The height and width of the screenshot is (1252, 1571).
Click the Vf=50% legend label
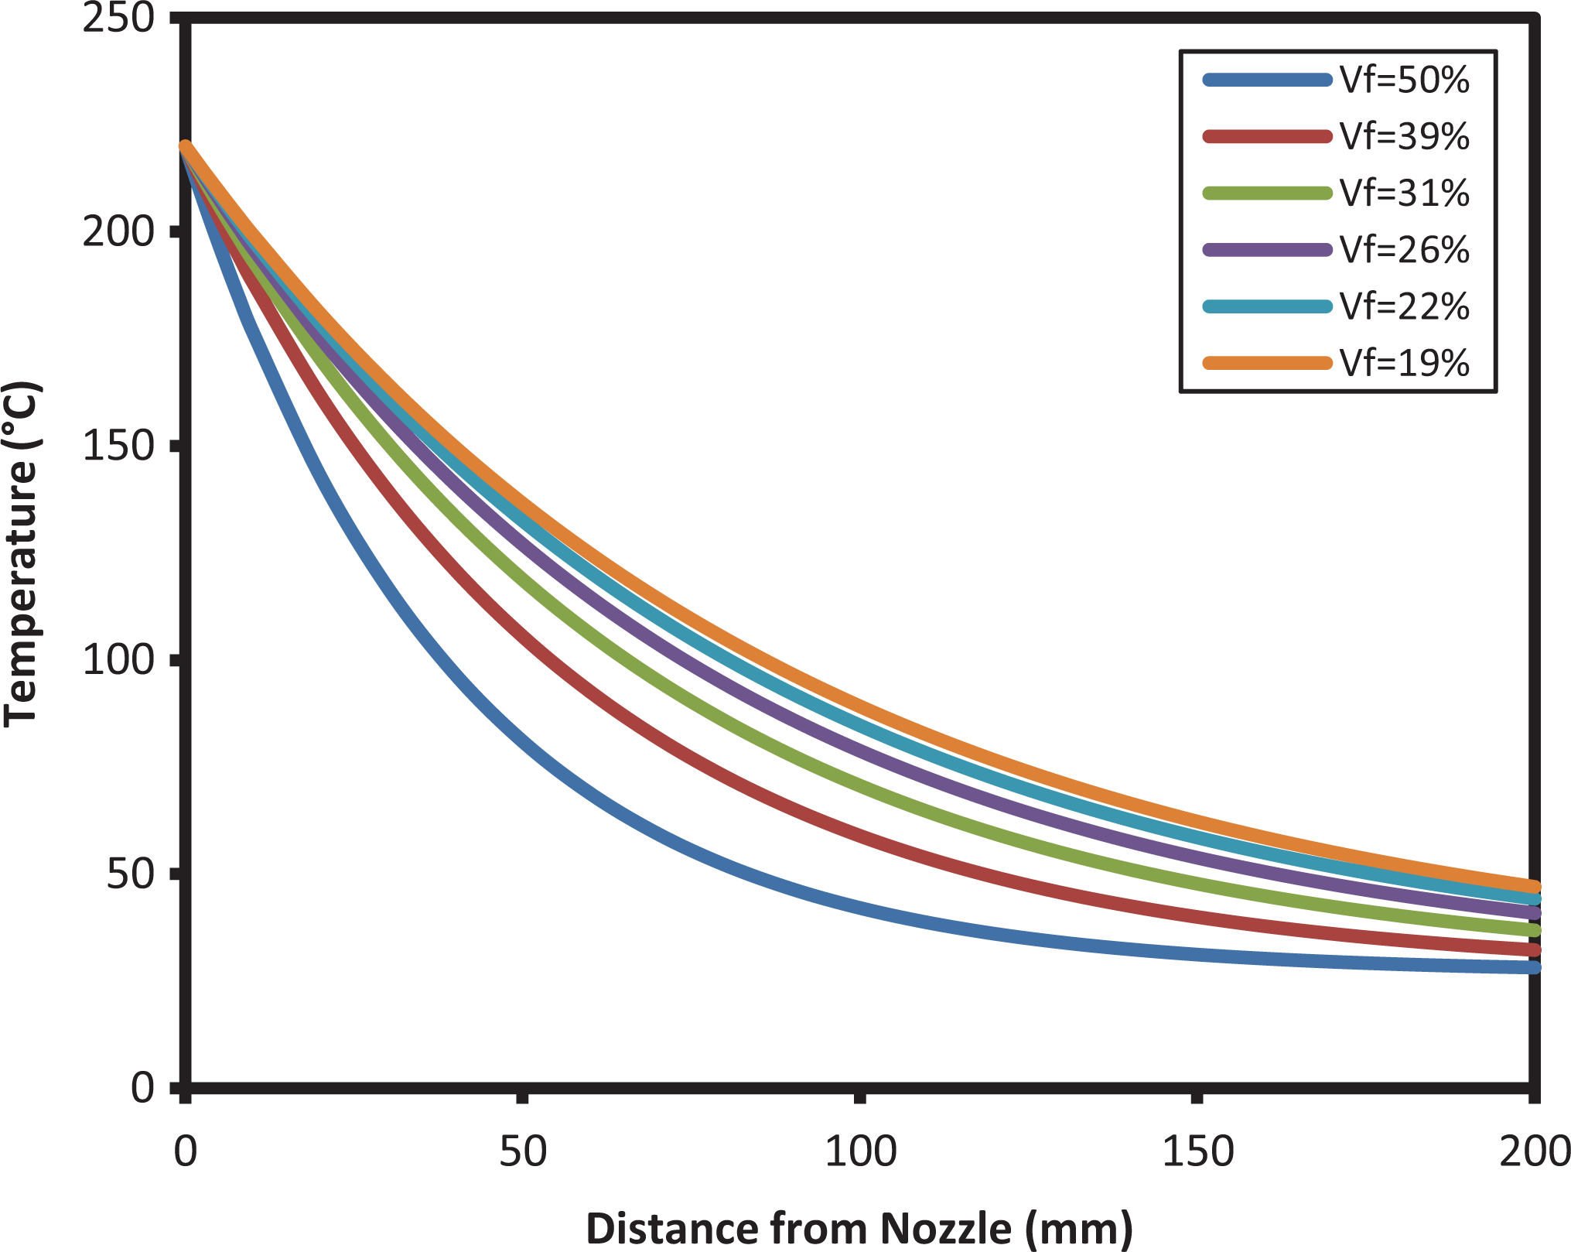coord(1404,80)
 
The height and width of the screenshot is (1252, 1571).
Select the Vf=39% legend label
coord(1404,137)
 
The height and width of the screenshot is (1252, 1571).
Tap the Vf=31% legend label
coord(1404,193)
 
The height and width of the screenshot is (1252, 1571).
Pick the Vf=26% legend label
coord(1404,250)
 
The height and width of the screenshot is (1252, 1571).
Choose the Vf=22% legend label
coord(1404,306)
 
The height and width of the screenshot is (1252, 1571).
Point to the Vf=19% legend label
coord(1404,363)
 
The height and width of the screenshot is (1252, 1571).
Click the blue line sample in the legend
coord(1268,80)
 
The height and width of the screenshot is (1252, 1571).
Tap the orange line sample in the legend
coord(1268,363)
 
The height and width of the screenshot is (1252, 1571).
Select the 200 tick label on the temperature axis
coord(119,231)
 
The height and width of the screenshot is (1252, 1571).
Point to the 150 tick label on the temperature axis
coord(119,446)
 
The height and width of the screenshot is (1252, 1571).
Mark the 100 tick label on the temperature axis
coord(119,660)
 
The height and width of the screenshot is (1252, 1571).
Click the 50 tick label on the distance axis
coord(522,1151)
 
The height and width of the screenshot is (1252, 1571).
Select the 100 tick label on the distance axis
coord(860,1151)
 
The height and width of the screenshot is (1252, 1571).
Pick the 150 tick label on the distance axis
coord(1197,1151)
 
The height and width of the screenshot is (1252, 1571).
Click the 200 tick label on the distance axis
coord(1534,1151)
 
